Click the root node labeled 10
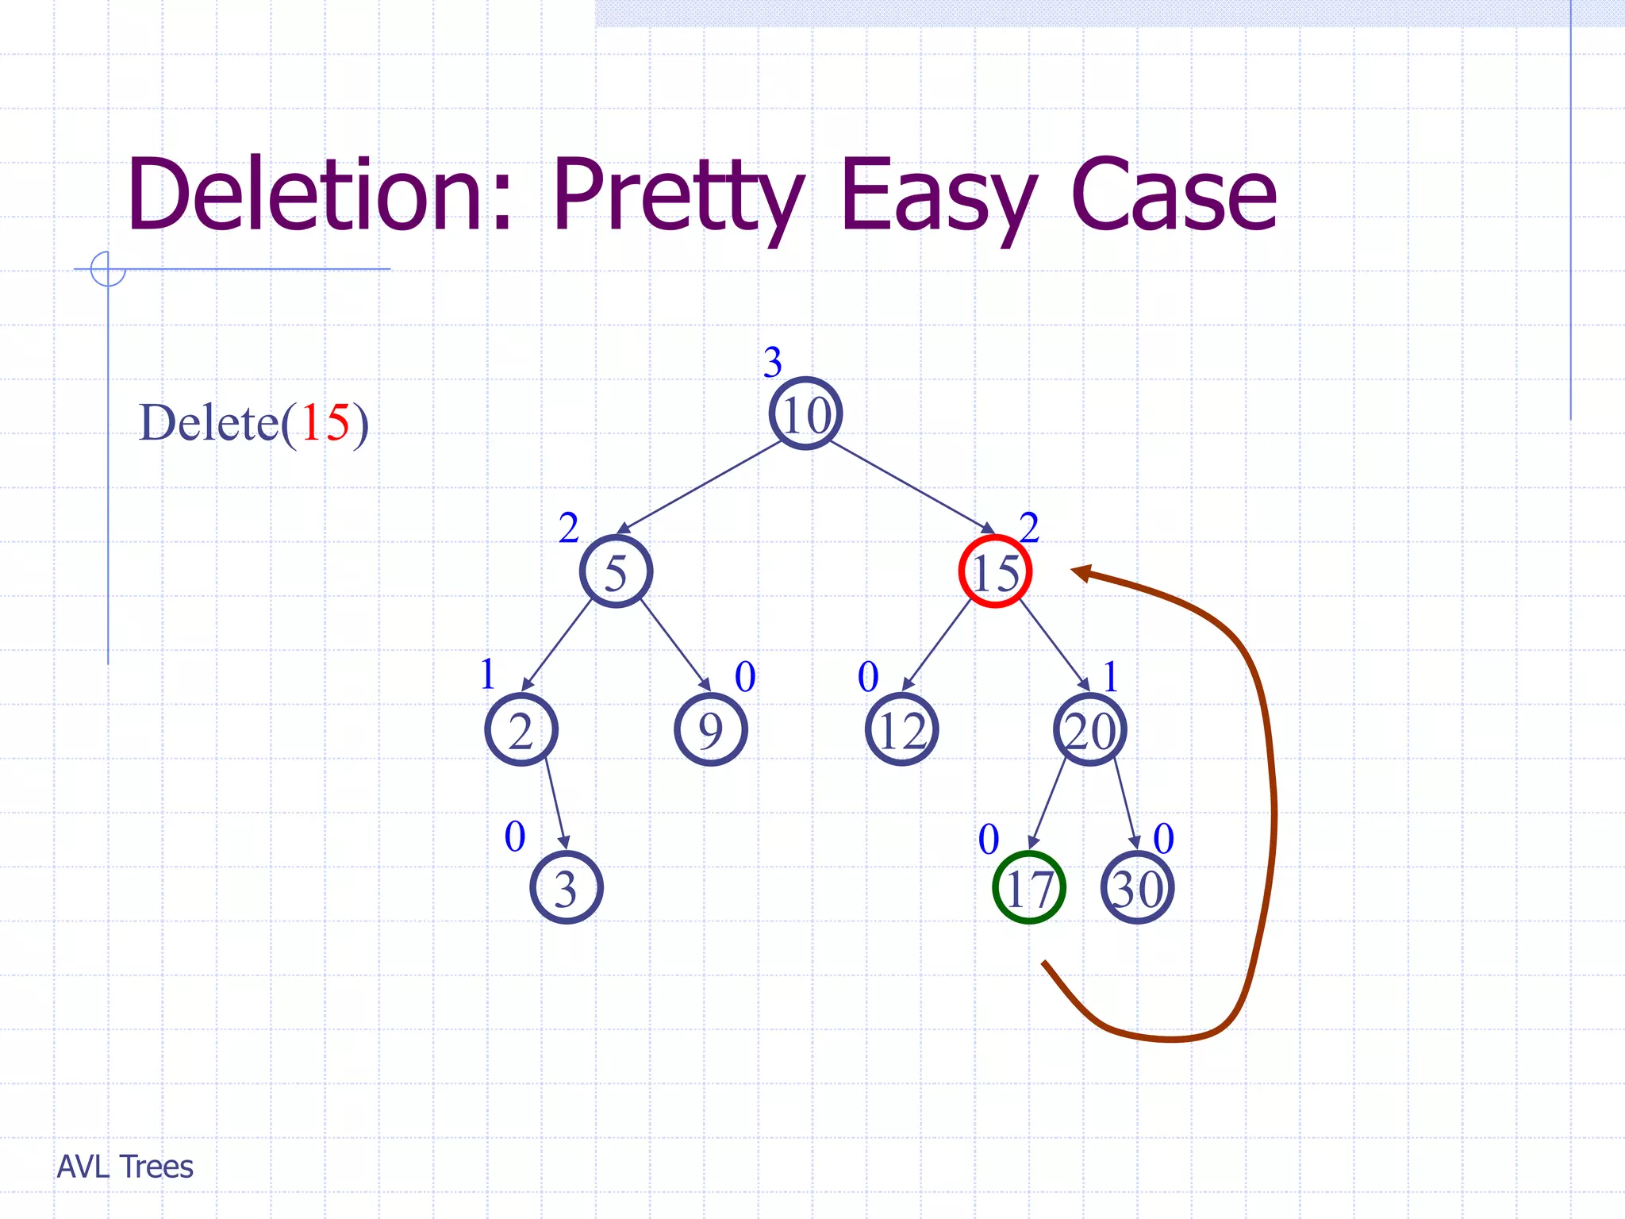tap(805, 413)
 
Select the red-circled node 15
tap(995, 571)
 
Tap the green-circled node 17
tap(1028, 887)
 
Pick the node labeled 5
tap(616, 571)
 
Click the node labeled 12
tap(901, 729)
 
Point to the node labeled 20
tap(1090, 729)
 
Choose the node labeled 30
tap(1137, 887)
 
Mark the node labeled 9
tap(710, 729)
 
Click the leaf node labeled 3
tap(566, 887)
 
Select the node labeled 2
tap(521, 729)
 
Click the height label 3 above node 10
tap(773, 362)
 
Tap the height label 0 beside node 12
tap(868, 677)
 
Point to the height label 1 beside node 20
tap(1111, 677)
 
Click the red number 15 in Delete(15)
tap(325, 422)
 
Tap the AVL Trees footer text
tap(125, 1167)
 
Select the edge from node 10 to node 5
tap(699, 487)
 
